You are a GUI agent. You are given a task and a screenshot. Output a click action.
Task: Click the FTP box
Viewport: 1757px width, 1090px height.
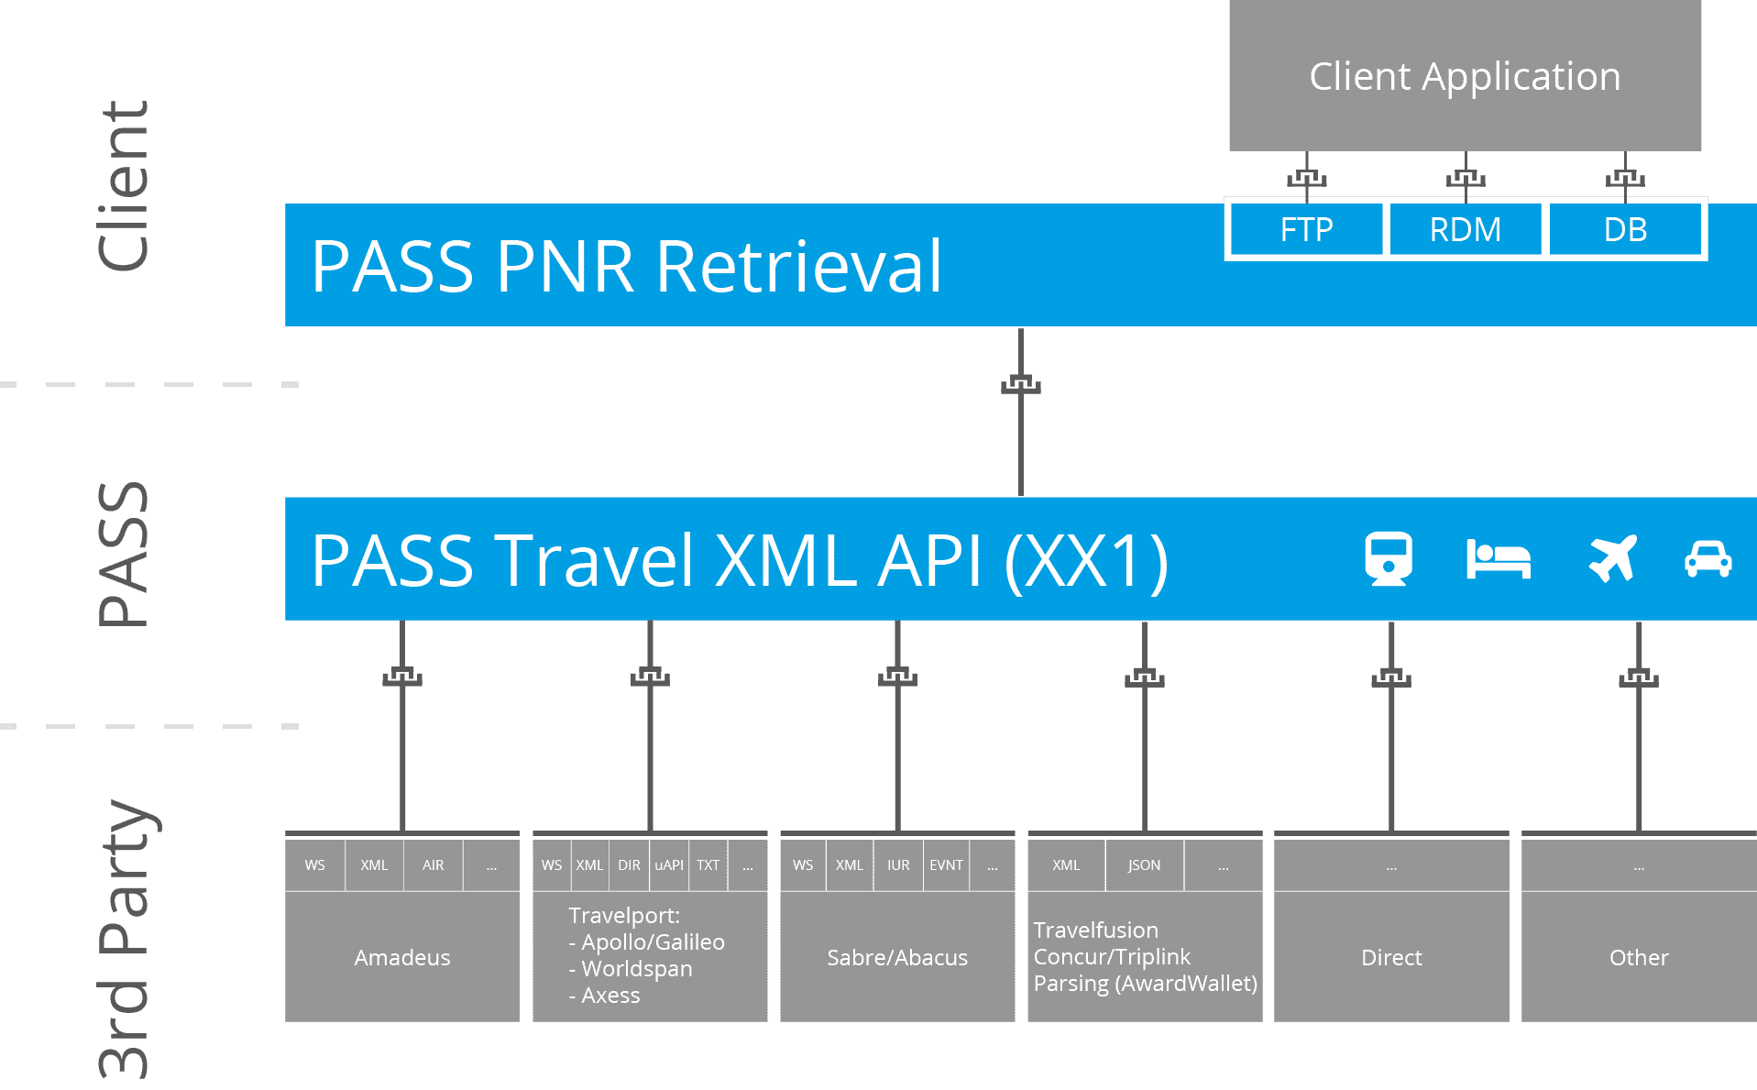(x=1306, y=229)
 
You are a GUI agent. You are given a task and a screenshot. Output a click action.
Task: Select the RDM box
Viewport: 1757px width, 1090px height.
(x=1465, y=229)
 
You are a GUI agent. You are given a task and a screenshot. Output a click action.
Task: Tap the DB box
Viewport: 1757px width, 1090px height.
(x=1625, y=229)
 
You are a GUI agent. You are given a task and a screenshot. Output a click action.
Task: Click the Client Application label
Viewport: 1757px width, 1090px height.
(x=1465, y=76)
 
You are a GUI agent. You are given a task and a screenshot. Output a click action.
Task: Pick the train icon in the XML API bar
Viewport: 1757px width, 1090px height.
(x=1389, y=558)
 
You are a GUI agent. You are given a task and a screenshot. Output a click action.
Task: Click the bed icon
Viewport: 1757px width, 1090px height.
(x=1499, y=559)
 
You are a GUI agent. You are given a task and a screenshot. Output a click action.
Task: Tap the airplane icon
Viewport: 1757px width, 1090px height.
(x=1612, y=558)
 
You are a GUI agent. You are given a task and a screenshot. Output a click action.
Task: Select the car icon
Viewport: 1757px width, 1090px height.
(x=1708, y=558)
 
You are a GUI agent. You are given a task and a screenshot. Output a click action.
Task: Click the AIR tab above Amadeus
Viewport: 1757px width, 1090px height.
(x=433, y=864)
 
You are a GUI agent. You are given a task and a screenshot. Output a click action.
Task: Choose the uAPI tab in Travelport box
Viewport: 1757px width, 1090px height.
(x=669, y=864)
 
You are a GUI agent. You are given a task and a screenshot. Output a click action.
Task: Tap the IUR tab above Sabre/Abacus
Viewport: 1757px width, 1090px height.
(x=898, y=864)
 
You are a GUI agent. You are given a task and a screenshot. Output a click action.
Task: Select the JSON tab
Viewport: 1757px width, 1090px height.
(x=1144, y=864)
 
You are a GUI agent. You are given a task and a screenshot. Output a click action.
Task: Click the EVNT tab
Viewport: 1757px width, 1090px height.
(x=946, y=864)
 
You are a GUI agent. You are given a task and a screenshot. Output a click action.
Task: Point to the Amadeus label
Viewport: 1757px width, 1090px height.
(x=401, y=957)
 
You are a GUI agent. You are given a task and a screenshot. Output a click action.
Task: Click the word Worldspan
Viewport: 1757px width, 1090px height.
(x=636, y=968)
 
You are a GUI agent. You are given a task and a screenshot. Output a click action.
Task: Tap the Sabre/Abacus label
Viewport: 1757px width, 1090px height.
(x=896, y=957)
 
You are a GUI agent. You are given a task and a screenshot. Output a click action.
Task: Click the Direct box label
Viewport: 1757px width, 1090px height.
(x=1390, y=957)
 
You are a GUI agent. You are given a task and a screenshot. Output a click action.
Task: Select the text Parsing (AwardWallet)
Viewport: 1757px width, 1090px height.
(x=1145, y=984)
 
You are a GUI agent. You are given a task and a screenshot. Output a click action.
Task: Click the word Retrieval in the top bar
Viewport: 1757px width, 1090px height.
(x=798, y=267)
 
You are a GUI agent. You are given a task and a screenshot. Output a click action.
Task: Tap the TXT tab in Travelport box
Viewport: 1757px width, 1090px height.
(x=708, y=864)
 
